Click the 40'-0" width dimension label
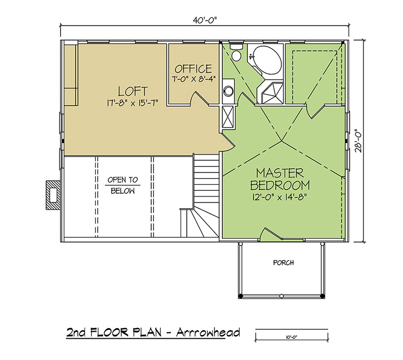[x=205, y=21]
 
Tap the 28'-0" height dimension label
[x=358, y=141]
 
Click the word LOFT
[x=133, y=91]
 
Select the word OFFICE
[x=193, y=69]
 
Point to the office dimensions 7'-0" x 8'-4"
[x=193, y=78]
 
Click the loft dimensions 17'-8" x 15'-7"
[x=132, y=103]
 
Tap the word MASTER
[x=280, y=173]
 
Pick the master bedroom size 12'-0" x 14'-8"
[x=280, y=197]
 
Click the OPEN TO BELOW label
[x=123, y=185]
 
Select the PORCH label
[x=283, y=263]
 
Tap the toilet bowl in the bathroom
[x=236, y=55]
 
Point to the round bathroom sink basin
[x=228, y=91]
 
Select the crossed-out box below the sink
[x=228, y=117]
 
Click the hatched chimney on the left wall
[x=53, y=195]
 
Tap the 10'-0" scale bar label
[x=292, y=337]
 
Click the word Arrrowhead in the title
[x=208, y=333]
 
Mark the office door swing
[x=199, y=98]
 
